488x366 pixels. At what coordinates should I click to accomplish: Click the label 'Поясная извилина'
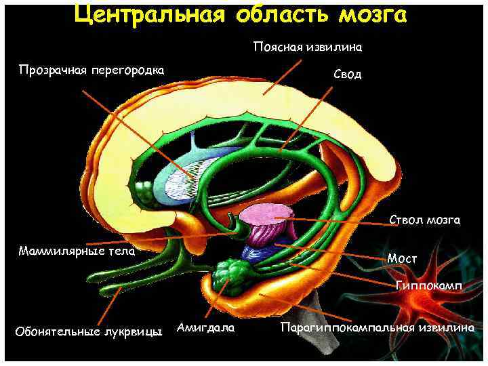[308, 47]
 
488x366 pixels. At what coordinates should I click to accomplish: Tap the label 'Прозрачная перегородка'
[91, 70]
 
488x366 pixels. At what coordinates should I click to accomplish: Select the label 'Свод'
[348, 74]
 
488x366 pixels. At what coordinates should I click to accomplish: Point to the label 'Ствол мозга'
[425, 220]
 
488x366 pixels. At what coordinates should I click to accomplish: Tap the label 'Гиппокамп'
[428, 287]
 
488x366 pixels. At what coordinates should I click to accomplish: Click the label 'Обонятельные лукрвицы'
[88, 331]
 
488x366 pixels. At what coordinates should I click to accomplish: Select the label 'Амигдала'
[205, 328]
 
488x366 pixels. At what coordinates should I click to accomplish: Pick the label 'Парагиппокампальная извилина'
[376, 328]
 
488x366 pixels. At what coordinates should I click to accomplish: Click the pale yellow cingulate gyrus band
[203, 115]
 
